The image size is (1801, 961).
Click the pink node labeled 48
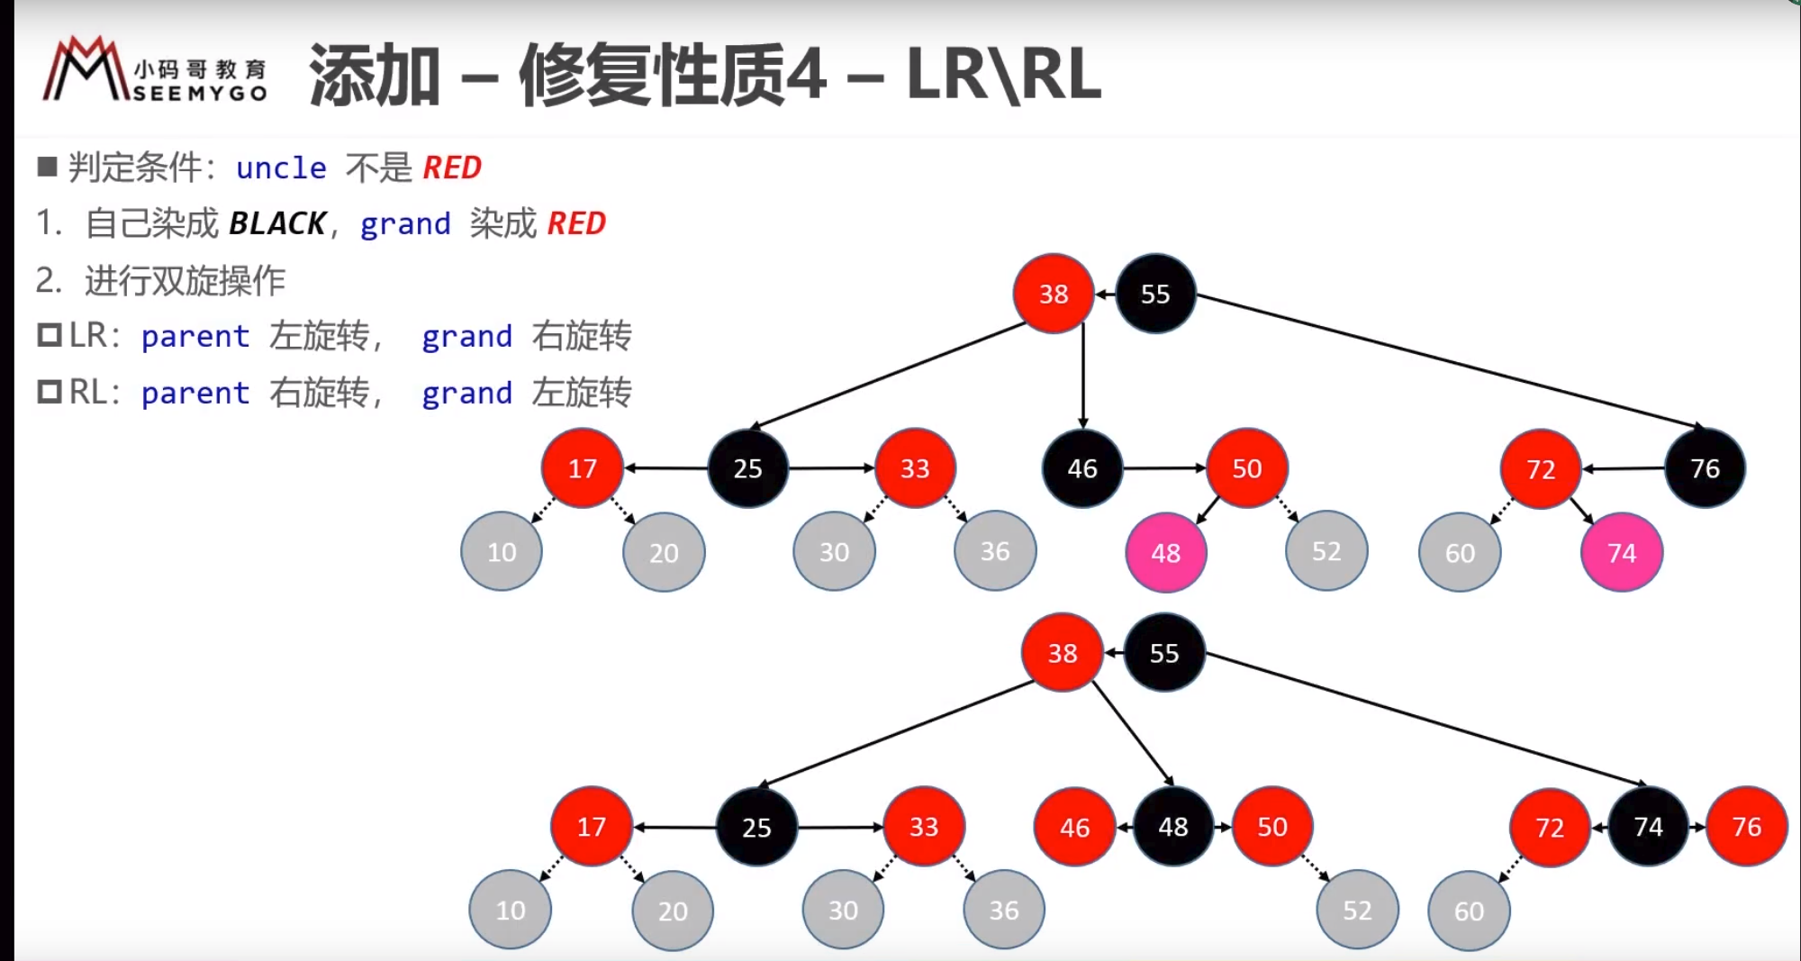point(1165,552)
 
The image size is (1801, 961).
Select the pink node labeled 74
point(1621,552)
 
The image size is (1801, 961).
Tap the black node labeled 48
point(1172,827)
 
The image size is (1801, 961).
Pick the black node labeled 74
point(1648,827)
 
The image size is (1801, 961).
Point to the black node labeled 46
point(1082,468)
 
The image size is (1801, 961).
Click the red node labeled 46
point(1074,827)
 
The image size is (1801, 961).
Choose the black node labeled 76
point(1705,468)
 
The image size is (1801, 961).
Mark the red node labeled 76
point(1746,827)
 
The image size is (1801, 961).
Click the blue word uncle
point(281,168)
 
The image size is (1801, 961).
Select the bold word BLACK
point(277,223)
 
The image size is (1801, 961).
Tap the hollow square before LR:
point(49,335)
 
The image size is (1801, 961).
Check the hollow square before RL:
point(49,392)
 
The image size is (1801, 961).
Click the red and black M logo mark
point(86,70)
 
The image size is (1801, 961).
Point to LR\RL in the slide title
point(1003,75)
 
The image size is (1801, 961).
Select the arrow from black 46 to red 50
point(1163,468)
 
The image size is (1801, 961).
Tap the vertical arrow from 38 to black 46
point(1083,378)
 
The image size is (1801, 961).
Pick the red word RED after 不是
point(452,168)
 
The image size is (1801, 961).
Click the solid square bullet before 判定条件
point(48,167)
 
